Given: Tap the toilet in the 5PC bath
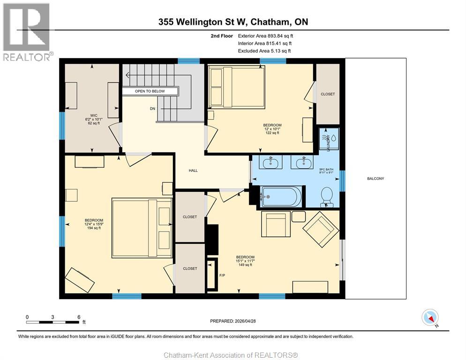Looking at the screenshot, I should [x=327, y=196].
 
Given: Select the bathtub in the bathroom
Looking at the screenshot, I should [x=281, y=196].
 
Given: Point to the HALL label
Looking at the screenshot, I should [x=193, y=171].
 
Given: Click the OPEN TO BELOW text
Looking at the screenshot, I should [x=150, y=91].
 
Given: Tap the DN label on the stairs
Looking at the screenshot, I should [x=152, y=108].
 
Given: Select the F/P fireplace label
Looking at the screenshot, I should [x=222, y=275].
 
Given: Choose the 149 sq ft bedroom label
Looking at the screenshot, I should [x=245, y=261].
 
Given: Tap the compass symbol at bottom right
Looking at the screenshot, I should [x=430, y=317].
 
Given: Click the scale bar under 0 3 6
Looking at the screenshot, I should [x=53, y=322].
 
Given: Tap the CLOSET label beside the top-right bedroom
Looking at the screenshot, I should [x=328, y=94].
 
